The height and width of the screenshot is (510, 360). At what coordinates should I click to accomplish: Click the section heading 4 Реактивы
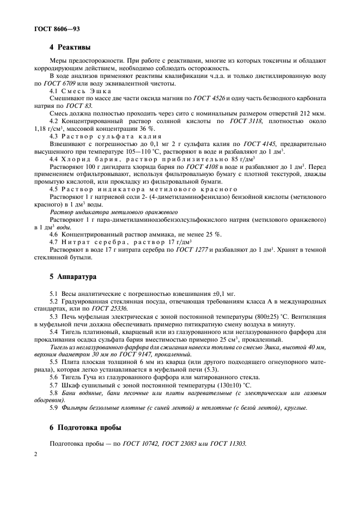click(x=70, y=47)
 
